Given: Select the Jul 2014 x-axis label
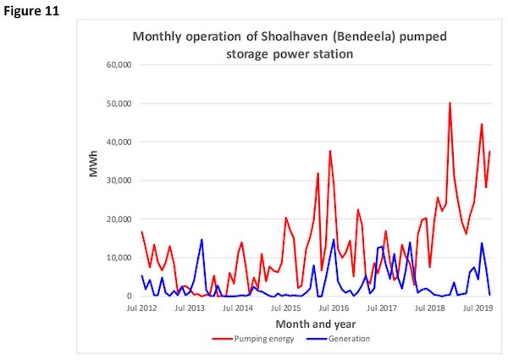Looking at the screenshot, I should click(x=238, y=308).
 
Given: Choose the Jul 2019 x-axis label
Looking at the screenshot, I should click(x=478, y=308).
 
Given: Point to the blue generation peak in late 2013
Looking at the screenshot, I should click(x=202, y=240).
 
